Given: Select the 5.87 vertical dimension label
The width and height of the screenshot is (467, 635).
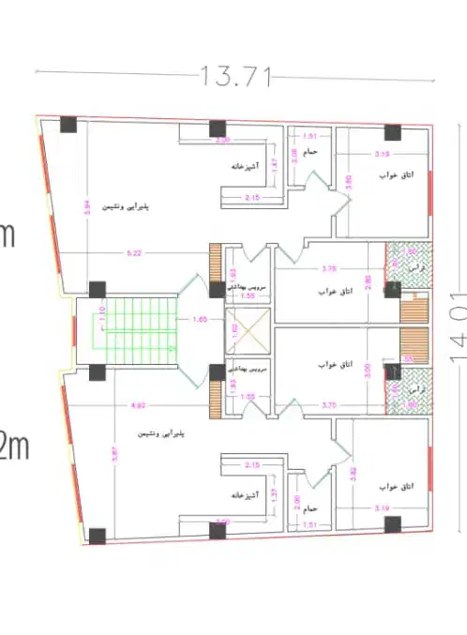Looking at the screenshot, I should [86, 460].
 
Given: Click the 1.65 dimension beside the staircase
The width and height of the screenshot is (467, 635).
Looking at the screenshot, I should [199, 321].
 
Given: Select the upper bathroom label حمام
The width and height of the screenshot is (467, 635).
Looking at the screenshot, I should [310, 151].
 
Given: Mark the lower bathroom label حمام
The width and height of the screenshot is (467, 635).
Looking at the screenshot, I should [310, 507].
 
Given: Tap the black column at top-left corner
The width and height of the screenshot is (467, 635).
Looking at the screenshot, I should [68, 124].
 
